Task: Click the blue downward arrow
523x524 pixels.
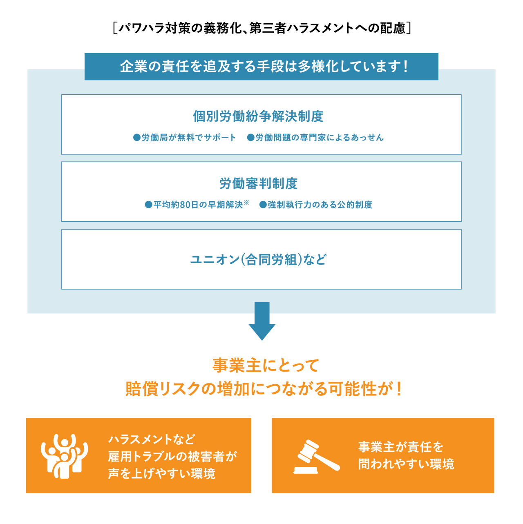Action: pyautogui.click(x=262, y=321)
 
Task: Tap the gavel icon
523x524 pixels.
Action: pyautogui.click(x=317, y=457)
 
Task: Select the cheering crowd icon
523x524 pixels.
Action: pyautogui.click(x=65, y=456)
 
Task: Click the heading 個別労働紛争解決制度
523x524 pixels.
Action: pyautogui.click(x=258, y=116)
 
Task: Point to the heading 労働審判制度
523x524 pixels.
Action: pyautogui.click(x=259, y=183)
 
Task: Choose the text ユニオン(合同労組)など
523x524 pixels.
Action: pyautogui.click(x=258, y=259)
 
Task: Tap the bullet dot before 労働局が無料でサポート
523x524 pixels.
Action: pyautogui.click(x=136, y=138)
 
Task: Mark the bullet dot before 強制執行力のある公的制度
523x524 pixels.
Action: pyautogui.click(x=263, y=205)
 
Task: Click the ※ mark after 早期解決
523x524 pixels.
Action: pyautogui.click(x=246, y=202)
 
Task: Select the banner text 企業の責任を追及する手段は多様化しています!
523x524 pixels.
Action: pyautogui.click(x=264, y=66)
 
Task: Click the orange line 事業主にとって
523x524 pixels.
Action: pyautogui.click(x=265, y=365)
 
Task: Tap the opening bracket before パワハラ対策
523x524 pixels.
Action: pyautogui.click(x=115, y=28)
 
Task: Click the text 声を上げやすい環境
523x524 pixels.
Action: pyautogui.click(x=162, y=473)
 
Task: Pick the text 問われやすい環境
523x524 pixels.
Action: pyautogui.click(x=406, y=464)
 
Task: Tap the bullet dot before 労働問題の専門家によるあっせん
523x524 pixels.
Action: pyautogui.click(x=250, y=138)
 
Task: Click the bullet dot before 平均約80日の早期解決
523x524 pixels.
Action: pyautogui.click(x=148, y=205)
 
